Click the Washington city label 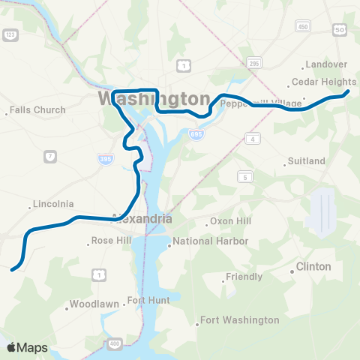pos(154,100)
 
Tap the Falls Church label pos(37,110)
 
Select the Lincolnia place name pos(53,204)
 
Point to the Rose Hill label pos(111,241)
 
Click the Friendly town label pos(244,277)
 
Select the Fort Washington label pos(239,320)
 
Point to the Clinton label pos(313,266)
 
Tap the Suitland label pos(307,161)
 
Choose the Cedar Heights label pos(323,82)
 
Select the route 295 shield pos(255,63)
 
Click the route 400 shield pos(114,343)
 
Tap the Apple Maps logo pos(27,347)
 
